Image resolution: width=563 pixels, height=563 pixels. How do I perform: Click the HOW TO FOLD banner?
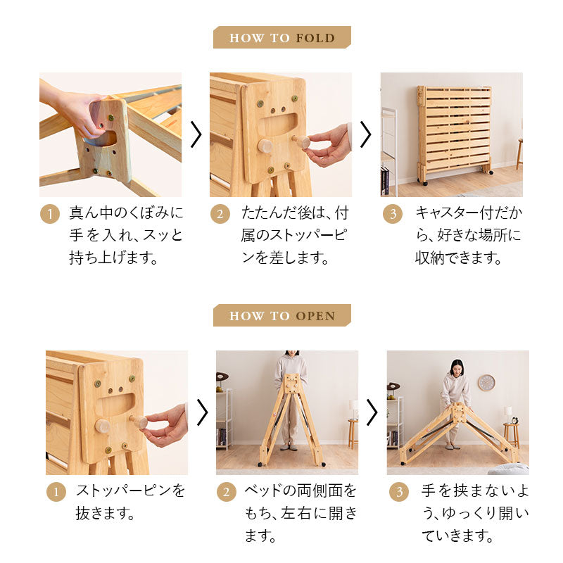(281, 37)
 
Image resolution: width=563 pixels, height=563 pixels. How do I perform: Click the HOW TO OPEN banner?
(281, 316)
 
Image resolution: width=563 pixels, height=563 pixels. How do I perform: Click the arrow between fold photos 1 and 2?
(196, 134)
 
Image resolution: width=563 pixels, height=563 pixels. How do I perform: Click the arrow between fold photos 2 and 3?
(365, 134)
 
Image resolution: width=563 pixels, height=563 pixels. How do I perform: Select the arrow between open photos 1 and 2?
(202, 412)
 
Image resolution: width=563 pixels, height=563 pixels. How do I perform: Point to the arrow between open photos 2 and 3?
(372, 412)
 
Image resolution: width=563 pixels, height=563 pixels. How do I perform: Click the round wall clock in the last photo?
(486, 383)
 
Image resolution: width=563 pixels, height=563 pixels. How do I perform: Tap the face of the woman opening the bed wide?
(456, 368)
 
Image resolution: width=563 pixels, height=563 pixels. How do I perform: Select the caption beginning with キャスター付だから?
(468, 236)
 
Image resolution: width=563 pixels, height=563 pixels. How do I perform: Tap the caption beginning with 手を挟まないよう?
(475, 514)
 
